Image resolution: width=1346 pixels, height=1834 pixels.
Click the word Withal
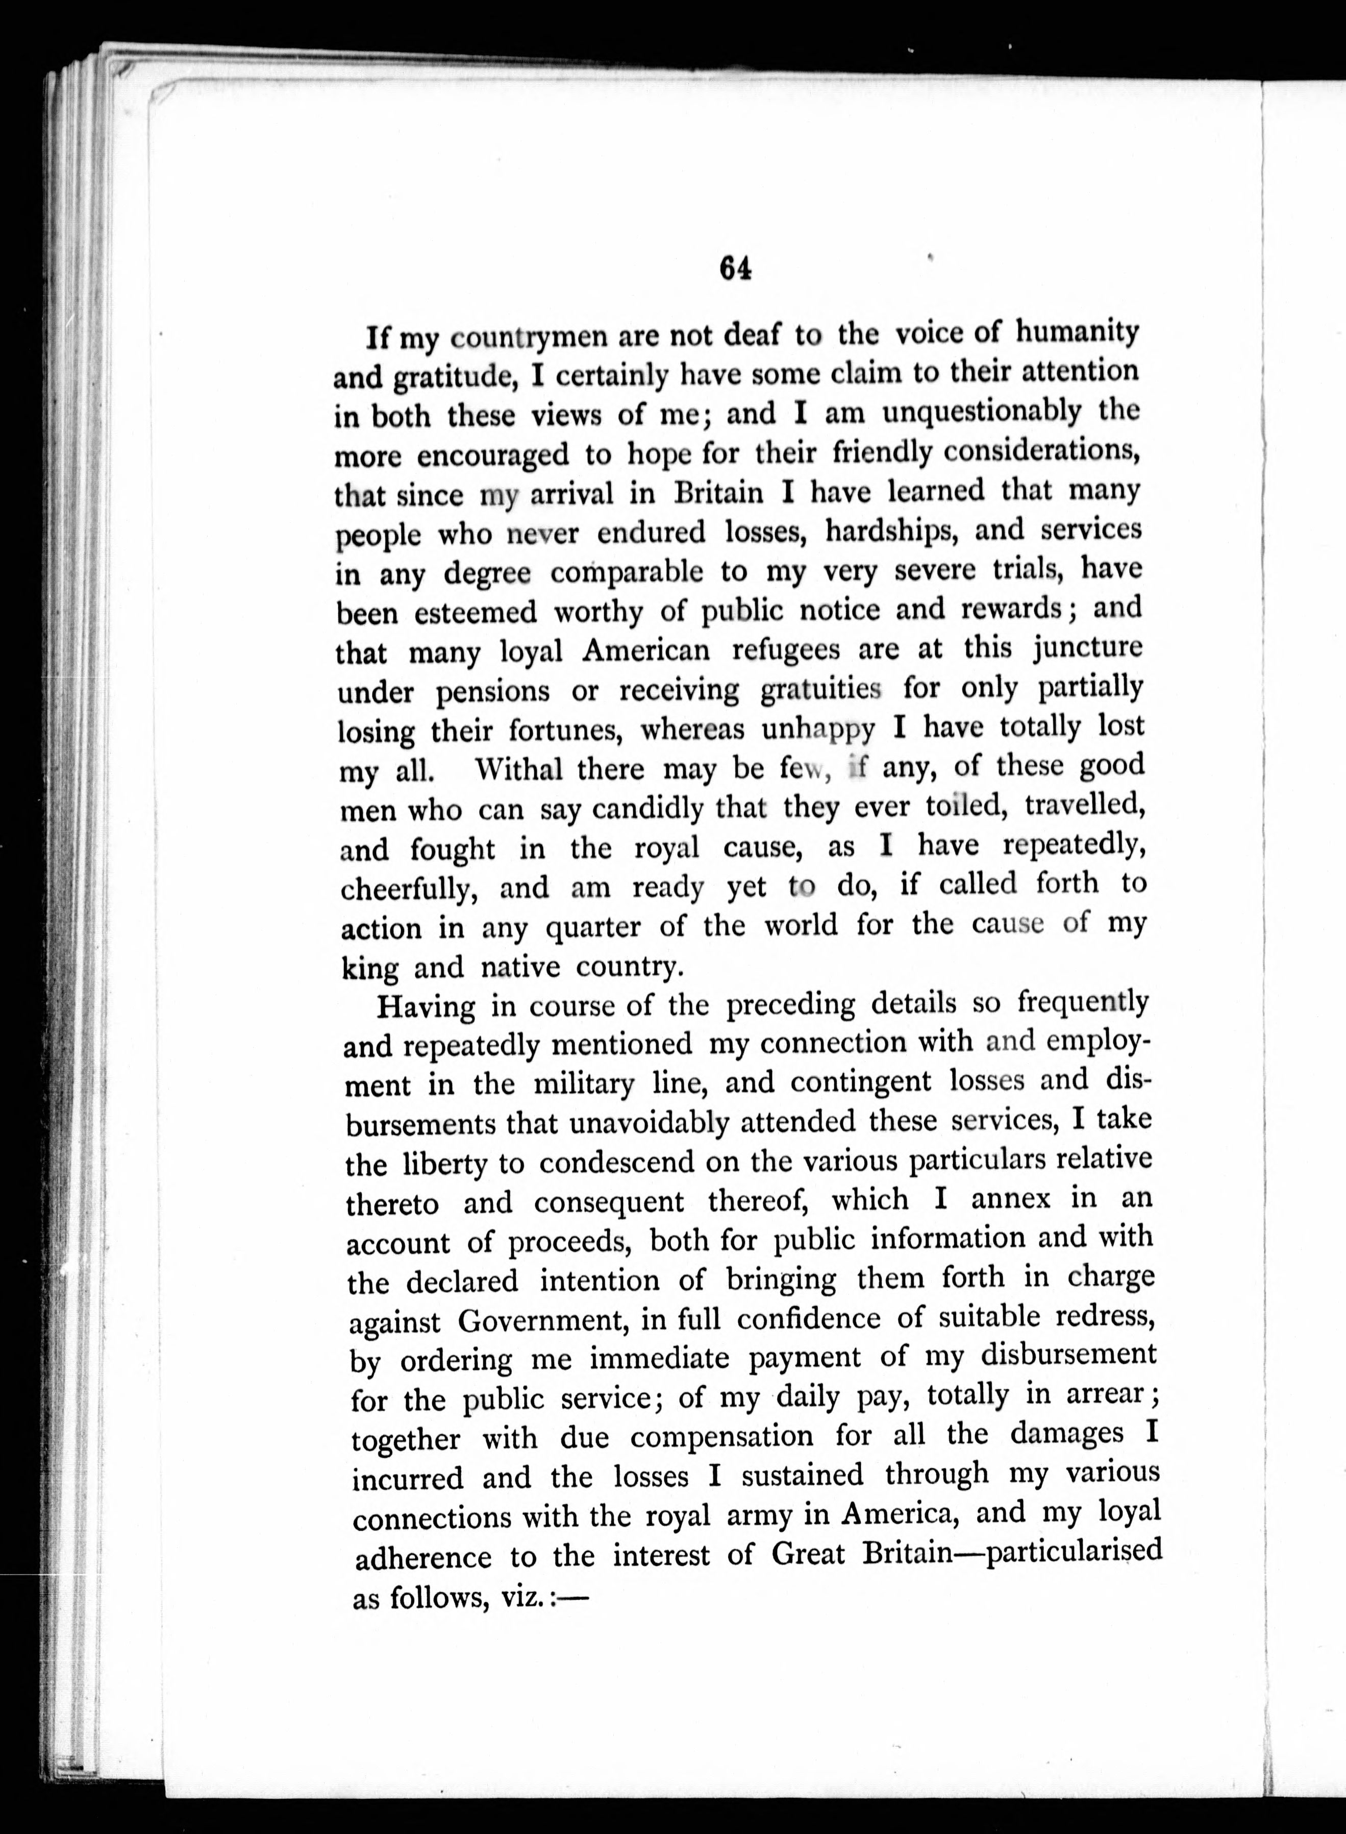coord(518,769)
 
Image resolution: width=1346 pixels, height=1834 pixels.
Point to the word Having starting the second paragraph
coord(426,1007)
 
